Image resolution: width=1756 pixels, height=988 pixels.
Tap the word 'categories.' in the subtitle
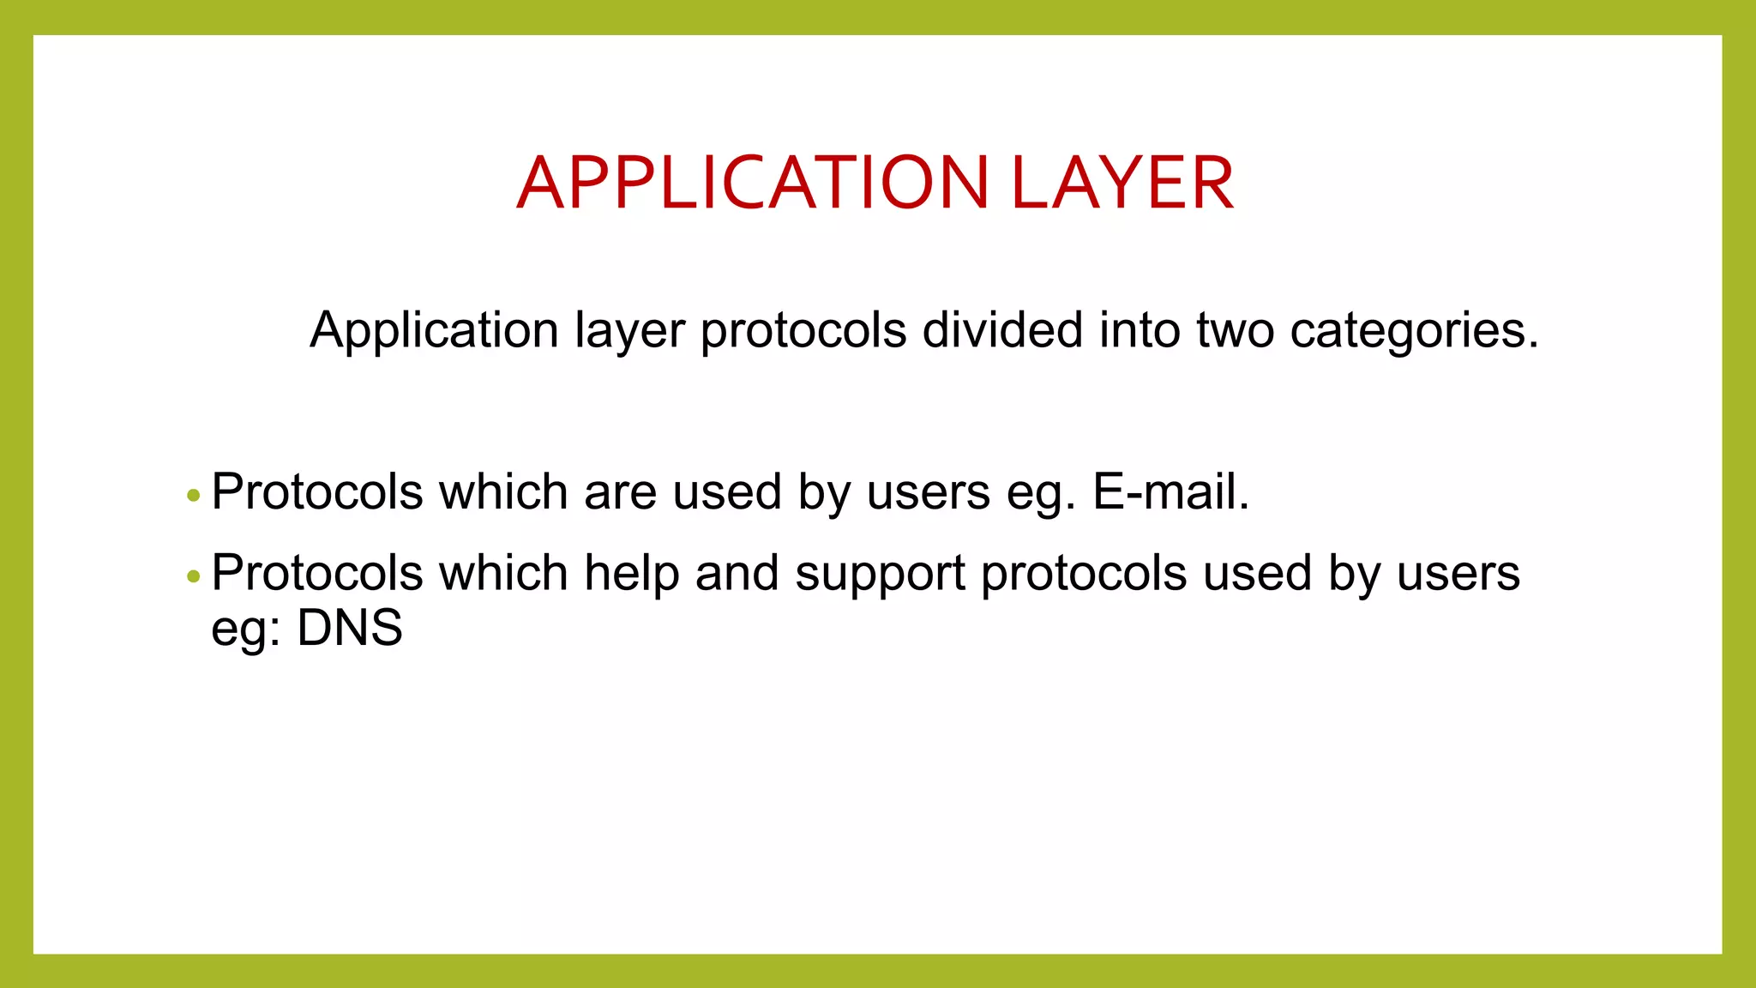(x=1414, y=330)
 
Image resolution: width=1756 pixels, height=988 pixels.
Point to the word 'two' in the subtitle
(x=1235, y=330)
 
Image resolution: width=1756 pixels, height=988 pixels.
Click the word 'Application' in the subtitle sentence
(x=434, y=330)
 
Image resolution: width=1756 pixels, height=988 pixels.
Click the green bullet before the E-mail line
(x=193, y=496)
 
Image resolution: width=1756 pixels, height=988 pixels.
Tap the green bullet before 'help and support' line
(x=193, y=576)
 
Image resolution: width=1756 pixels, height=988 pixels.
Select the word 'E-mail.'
(x=1170, y=492)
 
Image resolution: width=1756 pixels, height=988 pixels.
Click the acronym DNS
(x=350, y=628)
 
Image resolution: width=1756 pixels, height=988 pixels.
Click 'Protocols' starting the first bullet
(x=317, y=492)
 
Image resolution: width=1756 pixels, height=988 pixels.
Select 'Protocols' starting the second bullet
(x=317, y=573)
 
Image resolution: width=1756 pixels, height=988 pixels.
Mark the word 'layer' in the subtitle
(x=629, y=331)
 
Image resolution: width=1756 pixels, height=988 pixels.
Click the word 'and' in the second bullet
(x=737, y=573)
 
